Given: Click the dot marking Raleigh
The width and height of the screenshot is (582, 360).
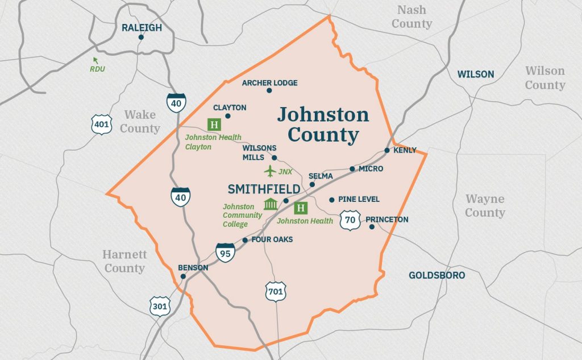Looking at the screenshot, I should (x=141, y=38).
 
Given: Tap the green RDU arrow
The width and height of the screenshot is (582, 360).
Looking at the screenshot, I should (x=95, y=60).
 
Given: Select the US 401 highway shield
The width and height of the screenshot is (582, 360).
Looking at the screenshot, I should (x=101, y=125).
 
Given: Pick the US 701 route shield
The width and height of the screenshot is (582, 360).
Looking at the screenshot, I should (x=276, y=292).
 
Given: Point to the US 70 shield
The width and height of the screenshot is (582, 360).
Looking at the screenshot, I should (x=350, y=220).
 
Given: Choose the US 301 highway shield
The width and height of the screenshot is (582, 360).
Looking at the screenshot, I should (x=160, y=307).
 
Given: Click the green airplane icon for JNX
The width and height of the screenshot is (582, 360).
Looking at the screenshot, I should (x=270, y=171).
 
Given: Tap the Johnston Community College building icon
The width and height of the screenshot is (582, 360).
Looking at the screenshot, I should (x=271, y=205).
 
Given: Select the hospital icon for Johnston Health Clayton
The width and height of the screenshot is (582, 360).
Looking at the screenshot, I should (x=214, y=125).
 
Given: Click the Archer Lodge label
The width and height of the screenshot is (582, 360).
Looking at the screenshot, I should (x=269, y=83).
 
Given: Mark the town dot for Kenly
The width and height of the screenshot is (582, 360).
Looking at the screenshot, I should (x=387, y=151).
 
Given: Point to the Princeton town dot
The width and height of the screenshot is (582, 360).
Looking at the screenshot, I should (x=372, y=227).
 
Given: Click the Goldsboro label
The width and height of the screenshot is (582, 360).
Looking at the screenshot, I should (x=436, y=275).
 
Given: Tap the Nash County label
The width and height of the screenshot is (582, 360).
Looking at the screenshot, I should (x=411, y=17).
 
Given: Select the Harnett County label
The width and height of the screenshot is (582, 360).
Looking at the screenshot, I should (x=124, y=261).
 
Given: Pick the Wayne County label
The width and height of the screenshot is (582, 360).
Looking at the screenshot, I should (x=485, y=206).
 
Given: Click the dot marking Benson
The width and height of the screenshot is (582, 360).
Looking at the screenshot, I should (x=183, y=277).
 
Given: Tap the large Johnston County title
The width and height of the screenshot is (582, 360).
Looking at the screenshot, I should (x=323, y=125).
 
